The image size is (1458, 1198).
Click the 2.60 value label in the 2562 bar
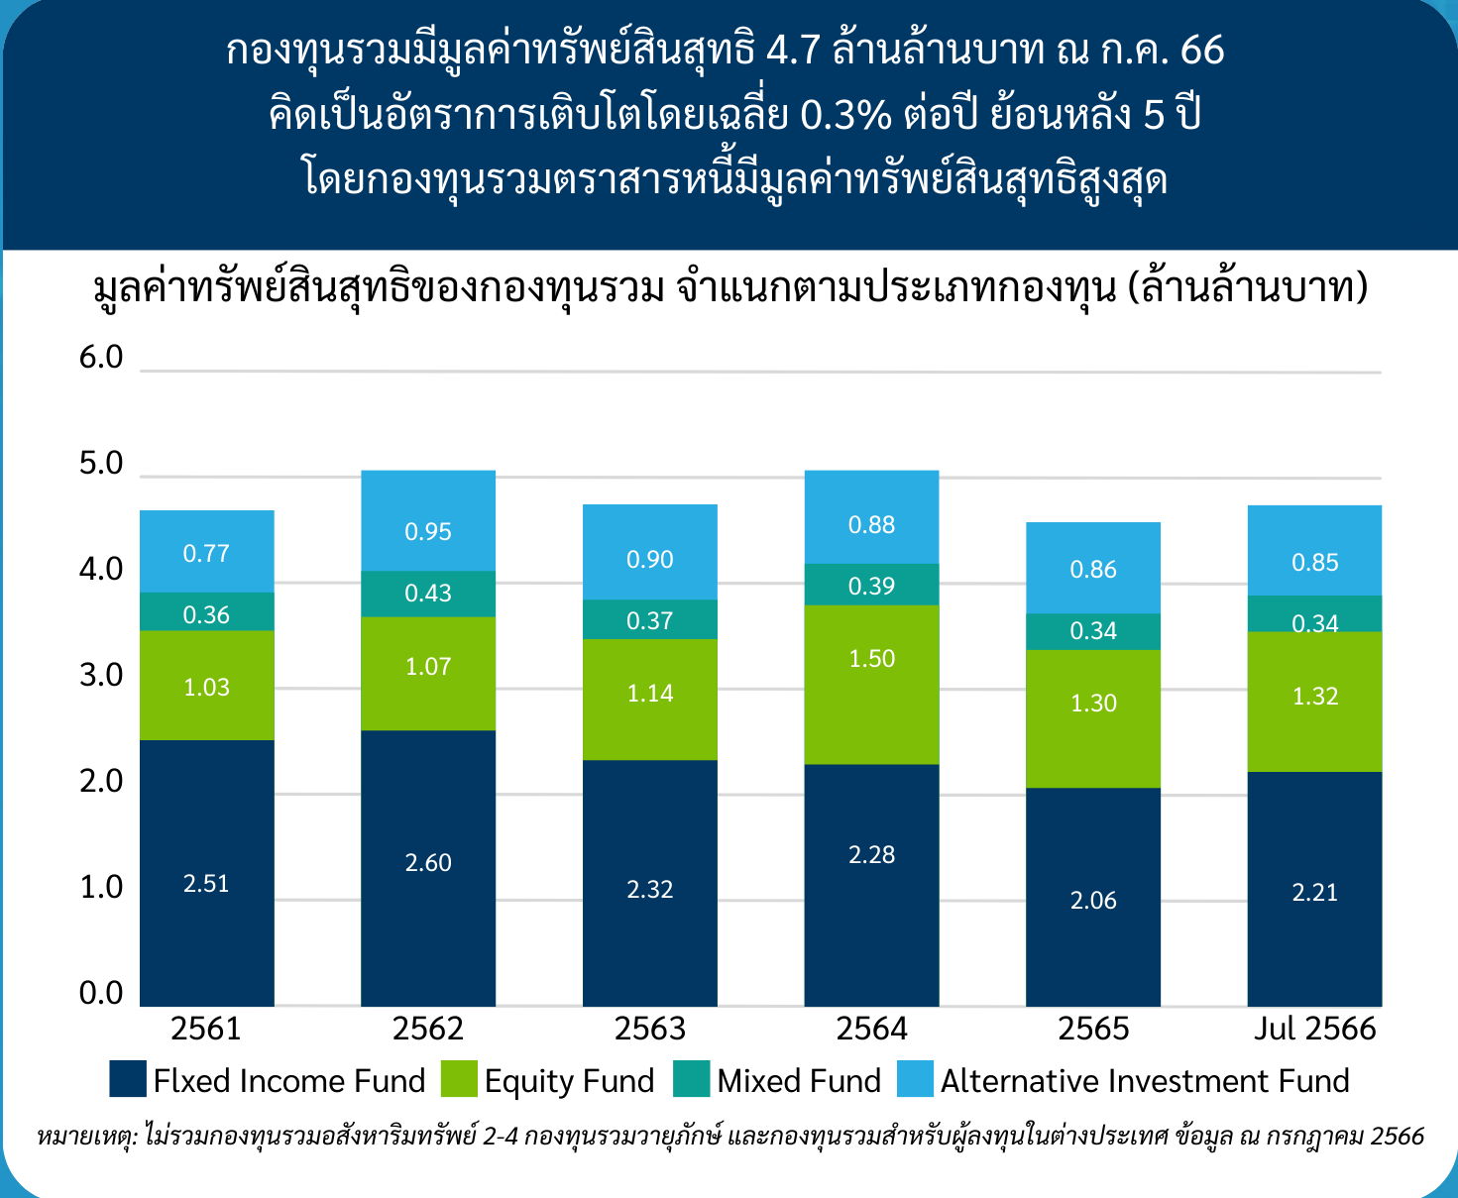coord(428,863)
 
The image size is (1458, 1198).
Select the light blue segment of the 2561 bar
coord(207,551)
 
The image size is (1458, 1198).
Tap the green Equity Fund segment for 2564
coord(871,685)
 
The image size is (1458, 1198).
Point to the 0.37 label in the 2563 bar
coord(649,620)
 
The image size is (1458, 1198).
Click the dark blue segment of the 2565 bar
coord(1092,897)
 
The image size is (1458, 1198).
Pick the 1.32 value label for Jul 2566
coord(1315,697)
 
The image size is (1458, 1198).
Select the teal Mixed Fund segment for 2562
coord(428,594)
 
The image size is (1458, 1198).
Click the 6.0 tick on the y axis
coord(101,358)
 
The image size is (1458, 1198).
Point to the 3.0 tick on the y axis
coord(101,676)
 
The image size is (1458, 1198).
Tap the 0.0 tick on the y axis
coord(101,994)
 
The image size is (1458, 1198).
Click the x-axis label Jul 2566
coord(1315,1029)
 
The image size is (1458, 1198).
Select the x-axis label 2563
coord(650,1029)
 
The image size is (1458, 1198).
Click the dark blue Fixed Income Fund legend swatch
coord(128,1078)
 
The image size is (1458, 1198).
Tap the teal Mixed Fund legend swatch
coord(691,1078)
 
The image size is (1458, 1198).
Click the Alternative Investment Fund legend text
coord(1145,1080)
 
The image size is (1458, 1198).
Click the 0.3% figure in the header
coord(846,115)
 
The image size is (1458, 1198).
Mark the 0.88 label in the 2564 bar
coord(871,525)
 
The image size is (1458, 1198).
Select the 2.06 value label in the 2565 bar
coord(1093,900)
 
